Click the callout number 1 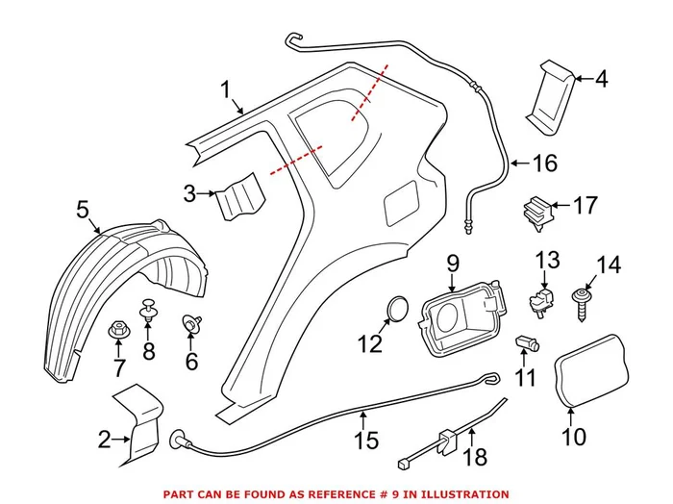click(227, 91)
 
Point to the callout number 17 click(585, 205)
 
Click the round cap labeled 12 click(395, 310)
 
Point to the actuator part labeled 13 click(543, 294)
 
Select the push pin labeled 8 click(148, 312)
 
